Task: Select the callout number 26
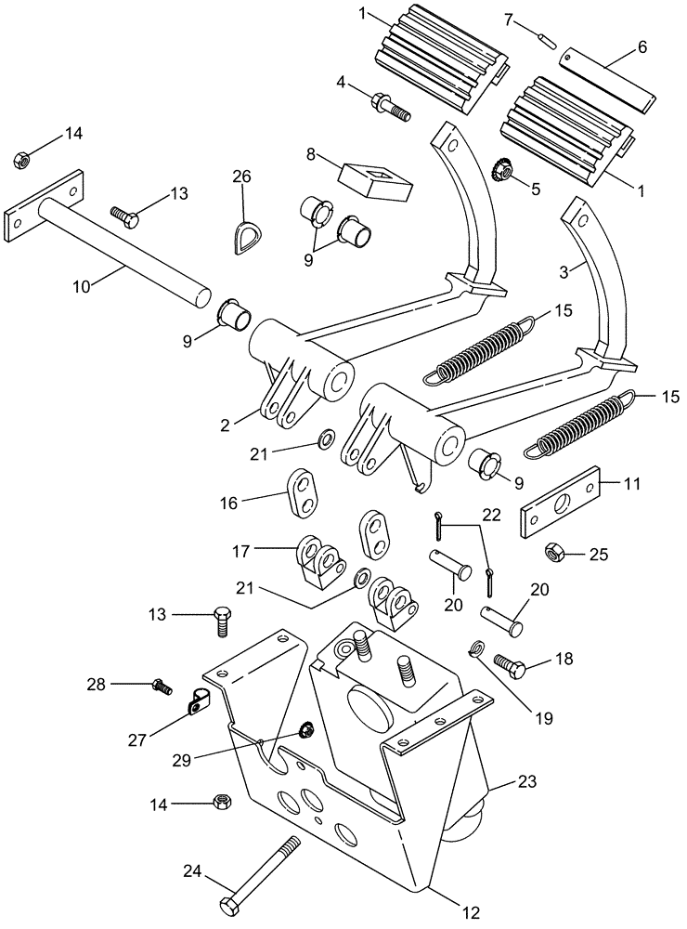(241, 177)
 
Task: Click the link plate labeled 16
(304, 490)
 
